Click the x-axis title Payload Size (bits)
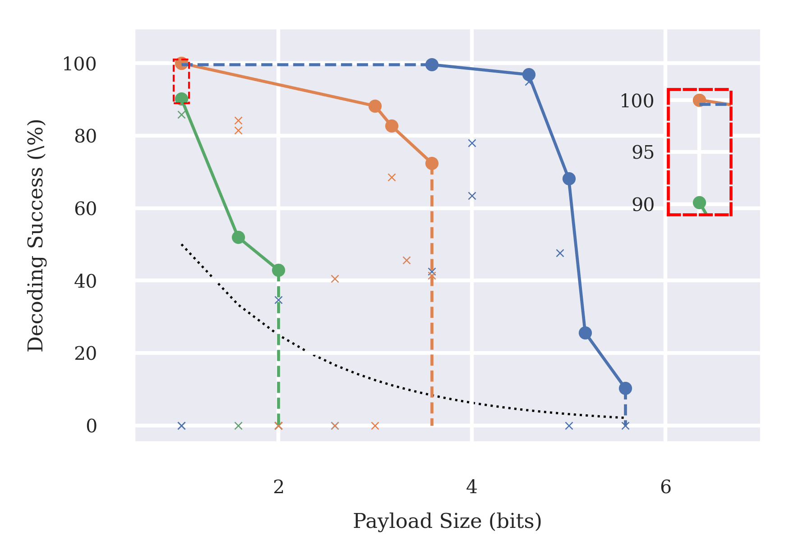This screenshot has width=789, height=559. click(x=447, y=521)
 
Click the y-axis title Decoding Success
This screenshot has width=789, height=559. click(x=36, y=235)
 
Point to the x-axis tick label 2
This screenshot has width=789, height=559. click(x=278, y=487)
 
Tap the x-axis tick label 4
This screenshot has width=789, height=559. click(x=471, y=487)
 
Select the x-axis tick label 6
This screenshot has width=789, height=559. click(x=665, y=487)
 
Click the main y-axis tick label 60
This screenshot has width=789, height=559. click(x=85, y=209)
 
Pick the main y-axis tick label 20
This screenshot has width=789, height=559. click(x=85, y=353)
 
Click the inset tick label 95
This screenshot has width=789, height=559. click(x=642, y=153)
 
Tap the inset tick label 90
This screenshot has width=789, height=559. click(x=642, y=205)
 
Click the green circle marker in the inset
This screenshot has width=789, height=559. click(x=699, y=203)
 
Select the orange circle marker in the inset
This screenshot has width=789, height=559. click(x=699, y=100)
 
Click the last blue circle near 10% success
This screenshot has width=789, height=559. click(x=625, y=388)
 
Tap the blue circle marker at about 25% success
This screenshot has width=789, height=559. click(x=585, y=333)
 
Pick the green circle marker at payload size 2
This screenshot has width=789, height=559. click(x=278, y=270)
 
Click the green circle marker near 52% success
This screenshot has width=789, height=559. click(x=238, y=237)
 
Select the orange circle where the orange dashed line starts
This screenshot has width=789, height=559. click(x=432, y=163)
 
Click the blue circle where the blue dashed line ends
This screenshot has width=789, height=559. click(x=432, y=64)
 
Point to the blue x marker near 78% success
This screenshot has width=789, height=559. click(x=472, y=143)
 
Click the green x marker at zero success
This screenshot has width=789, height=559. click(x=238, y=426)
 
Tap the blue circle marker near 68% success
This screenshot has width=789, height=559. click(x=569, y=179)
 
